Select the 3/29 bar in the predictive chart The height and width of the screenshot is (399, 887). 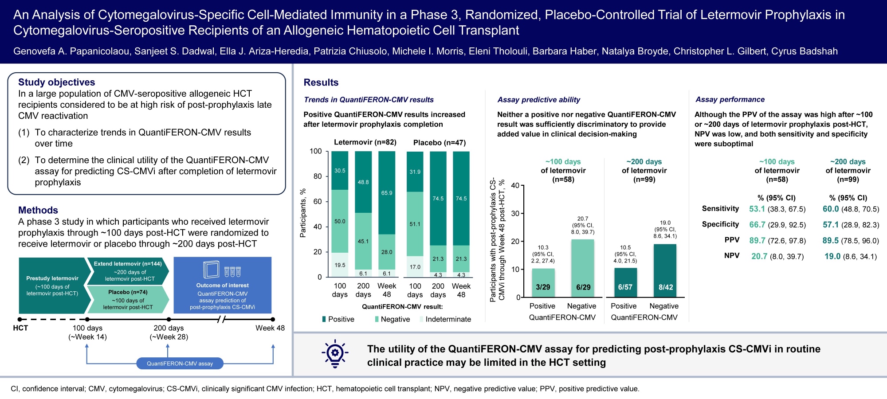[x=543, y=283]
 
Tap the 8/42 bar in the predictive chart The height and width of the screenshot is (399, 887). [x=665, y=270]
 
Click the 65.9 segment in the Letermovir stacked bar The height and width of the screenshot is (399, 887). [x=387, y=193]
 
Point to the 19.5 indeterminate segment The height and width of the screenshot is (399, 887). [x=340, y=265]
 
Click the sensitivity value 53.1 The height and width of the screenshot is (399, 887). [x=757, y=209]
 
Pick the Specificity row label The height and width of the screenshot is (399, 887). [x=720, y=224]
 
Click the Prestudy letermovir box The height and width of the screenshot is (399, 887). [x=52, y=286]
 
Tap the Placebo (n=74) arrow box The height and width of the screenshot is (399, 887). [x=128, y=299]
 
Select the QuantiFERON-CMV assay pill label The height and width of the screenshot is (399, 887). [x=180, y=364]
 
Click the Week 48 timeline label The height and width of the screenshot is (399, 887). [x=270, y=328]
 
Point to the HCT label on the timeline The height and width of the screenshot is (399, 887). [x=20, y=328]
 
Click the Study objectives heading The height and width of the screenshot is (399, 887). [x=56, y=82]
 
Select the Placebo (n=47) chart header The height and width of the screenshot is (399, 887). [x=440, y=143]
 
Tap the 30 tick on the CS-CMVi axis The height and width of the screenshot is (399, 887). [x=515, y=213]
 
